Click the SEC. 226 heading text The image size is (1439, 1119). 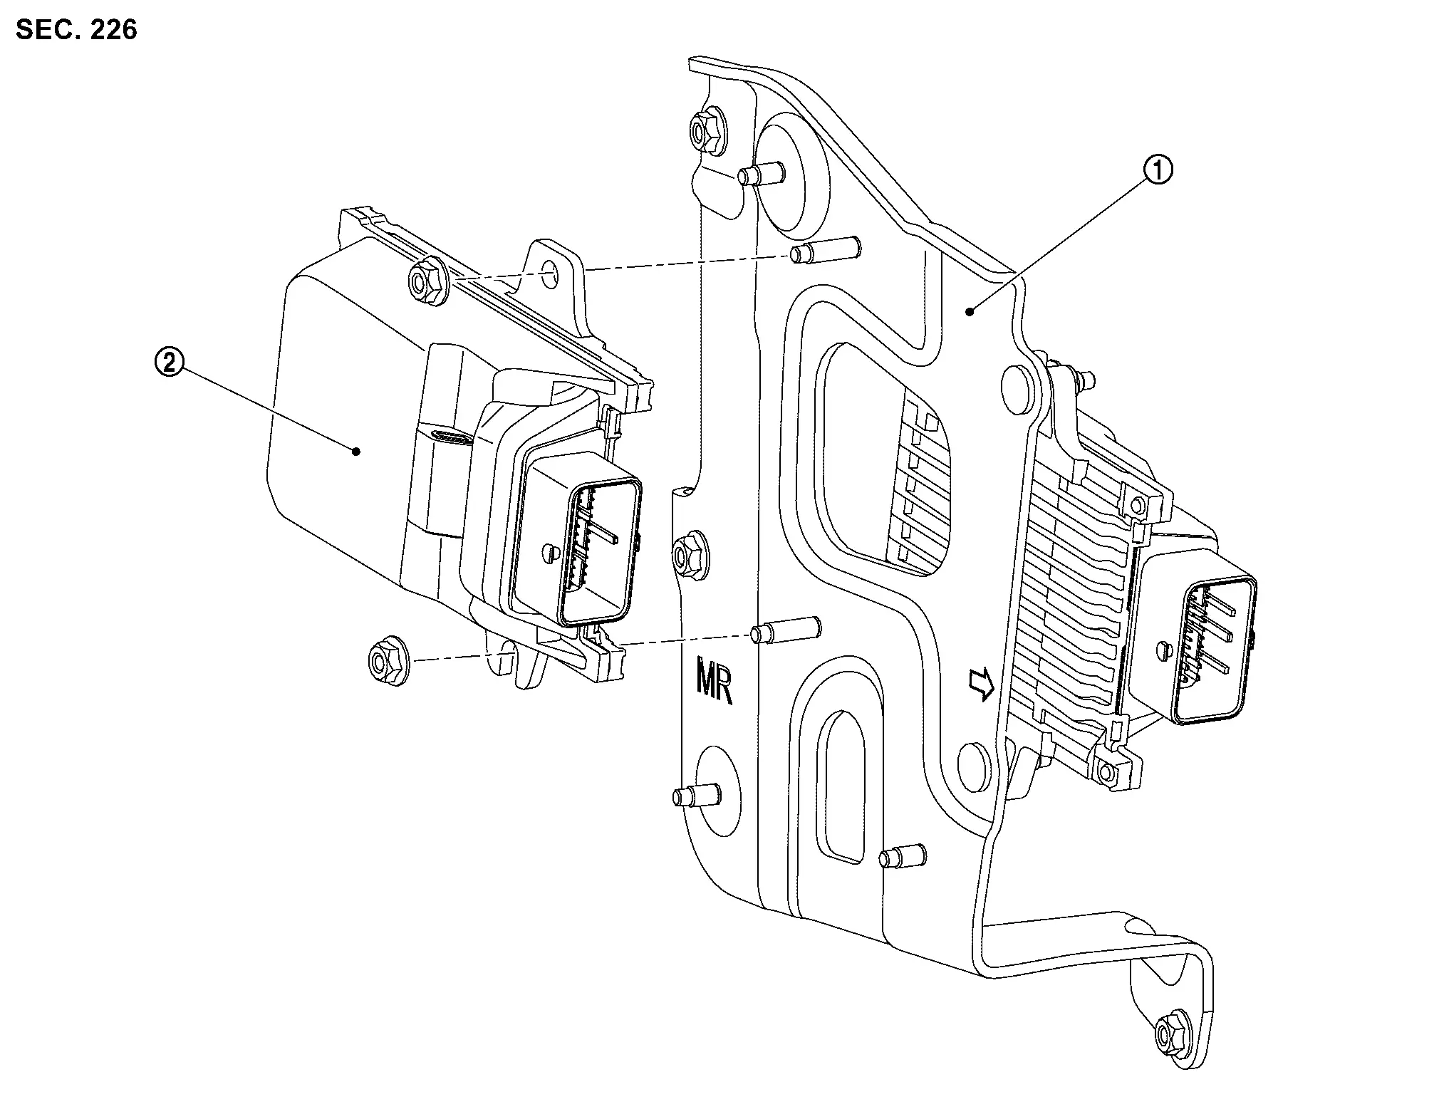76,30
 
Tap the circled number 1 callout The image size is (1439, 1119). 1157,171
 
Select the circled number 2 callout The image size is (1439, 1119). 169,364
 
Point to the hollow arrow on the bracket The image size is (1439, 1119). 982,684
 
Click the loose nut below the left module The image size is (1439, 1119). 387,662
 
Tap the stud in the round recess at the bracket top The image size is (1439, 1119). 761,173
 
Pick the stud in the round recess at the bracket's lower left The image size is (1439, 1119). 695,795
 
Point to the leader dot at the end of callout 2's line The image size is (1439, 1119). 358,450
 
